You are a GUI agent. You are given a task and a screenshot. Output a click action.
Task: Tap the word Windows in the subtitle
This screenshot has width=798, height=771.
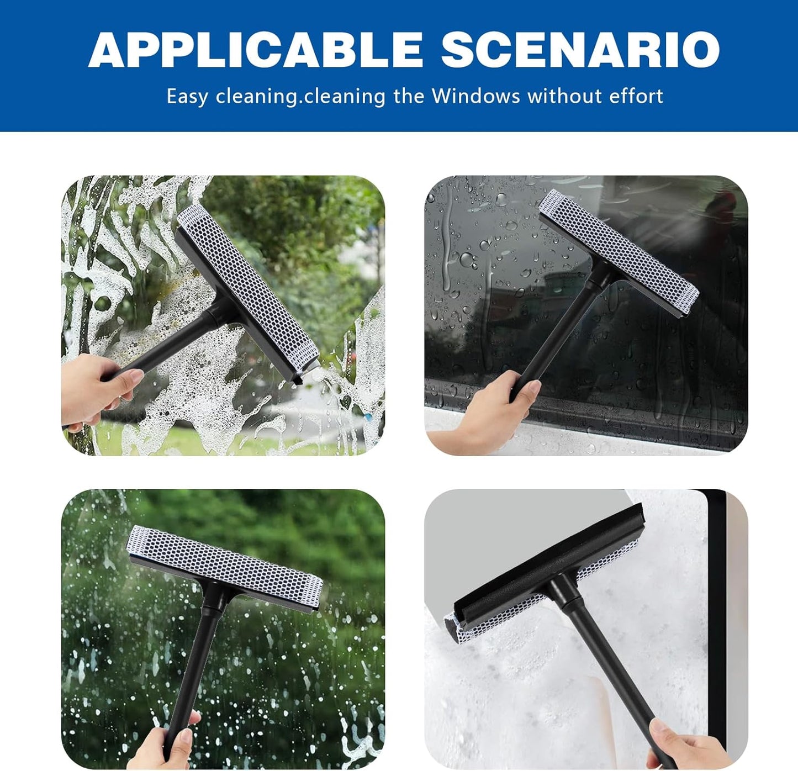click(475, 96)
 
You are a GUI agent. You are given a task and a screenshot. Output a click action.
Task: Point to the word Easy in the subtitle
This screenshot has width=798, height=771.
click(187, 97)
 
